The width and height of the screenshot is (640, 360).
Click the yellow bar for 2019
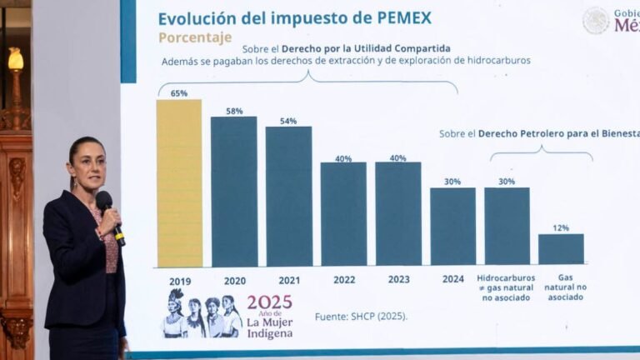click(179, 183)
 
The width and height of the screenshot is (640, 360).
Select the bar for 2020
click(234, 192)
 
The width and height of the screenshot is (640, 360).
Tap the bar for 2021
click(288, 197)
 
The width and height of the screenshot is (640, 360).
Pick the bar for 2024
click(452, 226)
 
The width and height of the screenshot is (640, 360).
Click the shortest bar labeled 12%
click(561, 249)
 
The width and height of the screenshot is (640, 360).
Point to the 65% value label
click(179, 93)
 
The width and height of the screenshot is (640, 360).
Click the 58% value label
click(234, 111)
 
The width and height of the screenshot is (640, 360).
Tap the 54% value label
click(288, 121)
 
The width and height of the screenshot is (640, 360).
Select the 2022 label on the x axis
click(344, 280)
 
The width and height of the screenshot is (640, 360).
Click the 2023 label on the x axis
click(398, 280)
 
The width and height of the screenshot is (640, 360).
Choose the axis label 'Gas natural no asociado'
click(566, 287)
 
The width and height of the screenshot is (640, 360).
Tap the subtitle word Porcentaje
click(195, 37)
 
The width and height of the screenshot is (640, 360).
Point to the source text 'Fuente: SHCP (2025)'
click(360, 316)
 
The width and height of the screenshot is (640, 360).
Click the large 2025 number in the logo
click(269, 302)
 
